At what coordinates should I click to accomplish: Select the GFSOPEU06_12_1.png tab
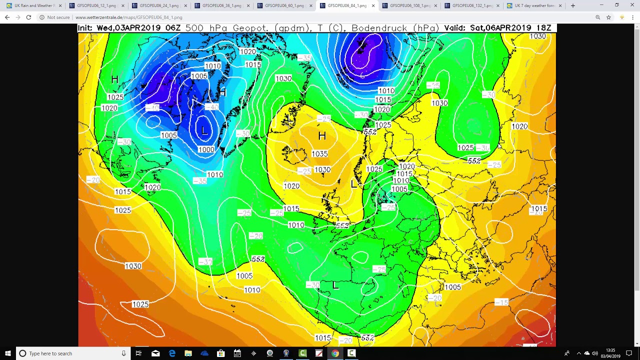(96, 5)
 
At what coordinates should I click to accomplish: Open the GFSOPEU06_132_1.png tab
(471, 5)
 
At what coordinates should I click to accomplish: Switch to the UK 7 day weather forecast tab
(534, 5)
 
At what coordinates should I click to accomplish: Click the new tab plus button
(573, 5)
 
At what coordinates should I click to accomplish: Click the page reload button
(28, 17)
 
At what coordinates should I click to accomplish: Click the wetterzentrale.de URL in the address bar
(128, 17)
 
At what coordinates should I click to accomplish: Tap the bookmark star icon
(608, 17)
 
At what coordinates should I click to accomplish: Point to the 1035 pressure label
(319, 154)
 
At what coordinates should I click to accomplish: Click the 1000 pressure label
(206, 149)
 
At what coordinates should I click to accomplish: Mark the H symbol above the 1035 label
(322, 136)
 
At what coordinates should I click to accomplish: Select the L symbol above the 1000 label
(204, 131)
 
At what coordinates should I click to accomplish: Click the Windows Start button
(7, 353)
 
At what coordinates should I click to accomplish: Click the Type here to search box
(70, 353)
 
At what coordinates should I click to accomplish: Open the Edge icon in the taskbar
(172, 353)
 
